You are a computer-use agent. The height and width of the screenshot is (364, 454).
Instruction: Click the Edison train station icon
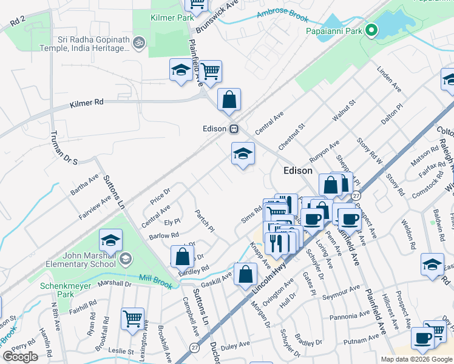tap(234, 129)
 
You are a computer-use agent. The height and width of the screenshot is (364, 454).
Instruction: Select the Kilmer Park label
tap(172, 18)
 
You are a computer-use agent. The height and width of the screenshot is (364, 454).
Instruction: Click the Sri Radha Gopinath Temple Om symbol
tap(138, 42)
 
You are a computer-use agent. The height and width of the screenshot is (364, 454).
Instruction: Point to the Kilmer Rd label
tap(87, 104)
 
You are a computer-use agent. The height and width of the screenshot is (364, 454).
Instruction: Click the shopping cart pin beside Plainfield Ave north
tap(210, 71)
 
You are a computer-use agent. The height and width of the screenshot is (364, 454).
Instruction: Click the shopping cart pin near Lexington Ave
tap(132, 318)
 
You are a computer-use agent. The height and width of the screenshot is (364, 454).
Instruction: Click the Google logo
tap(20, 357)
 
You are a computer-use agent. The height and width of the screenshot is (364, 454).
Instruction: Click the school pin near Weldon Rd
tap(432, 265)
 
